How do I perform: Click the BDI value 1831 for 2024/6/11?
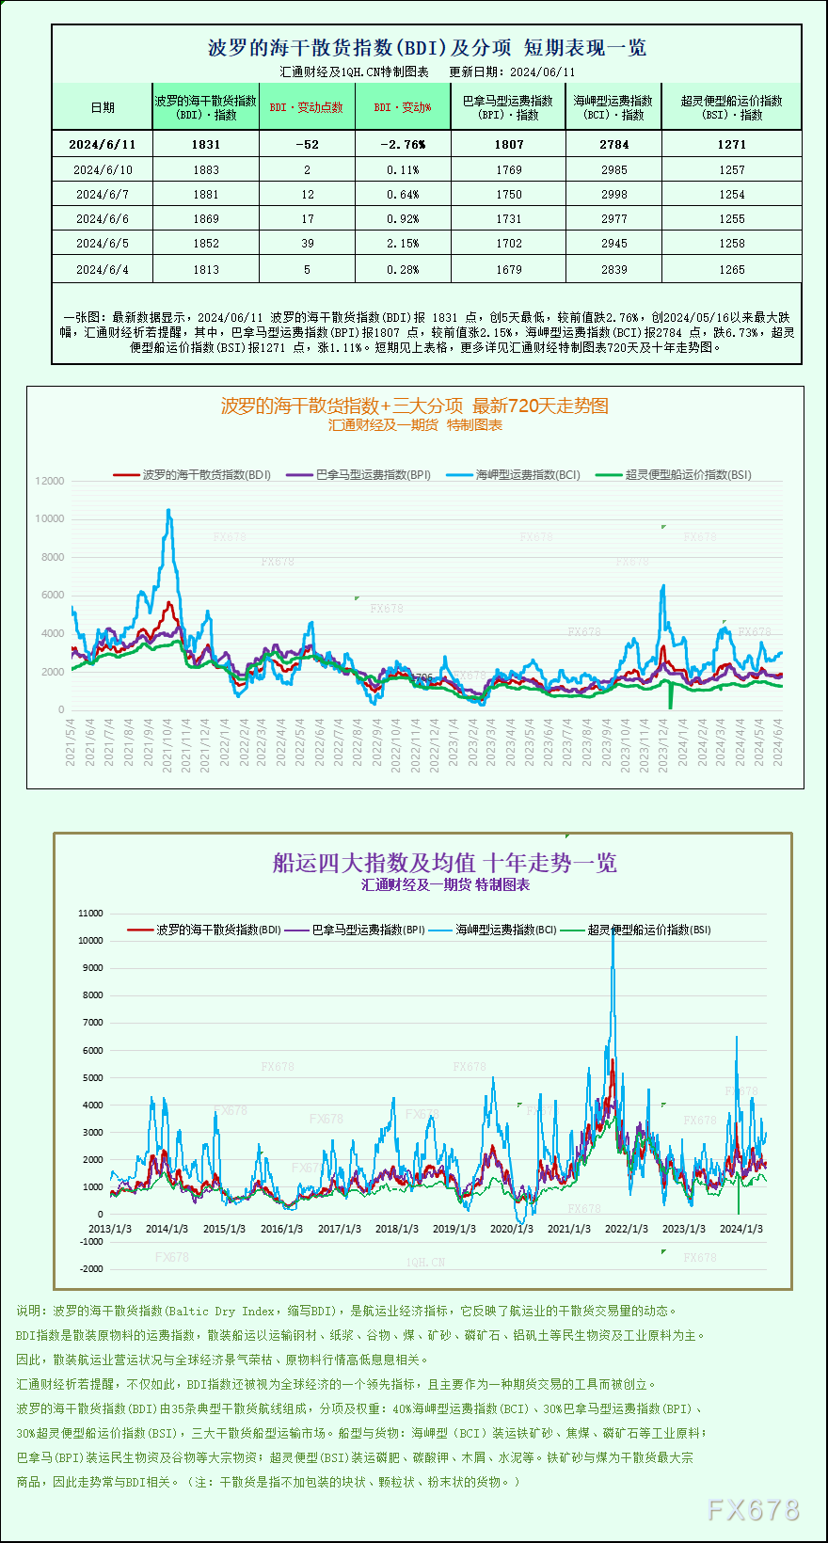coord(205,144)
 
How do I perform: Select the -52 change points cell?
coord(307,144)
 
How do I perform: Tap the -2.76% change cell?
coord(403,144)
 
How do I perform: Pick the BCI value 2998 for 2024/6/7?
coord(613,194)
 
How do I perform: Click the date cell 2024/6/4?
coord(102,269)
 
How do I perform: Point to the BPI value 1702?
coord(508,243)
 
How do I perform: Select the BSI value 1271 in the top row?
coord(731,144)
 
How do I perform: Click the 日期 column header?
coord(102,107)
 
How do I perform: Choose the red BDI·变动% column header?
coord(403,107)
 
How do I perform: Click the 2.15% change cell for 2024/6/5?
coord(403,243)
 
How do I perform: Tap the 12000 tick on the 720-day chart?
coord(50,481)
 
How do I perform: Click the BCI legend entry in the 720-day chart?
coord(516,475)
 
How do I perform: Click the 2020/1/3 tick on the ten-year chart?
coord(511,1229)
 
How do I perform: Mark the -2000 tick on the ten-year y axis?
coord(91,1268)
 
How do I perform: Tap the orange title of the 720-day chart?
coord(414,406)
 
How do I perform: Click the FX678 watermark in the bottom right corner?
coord(753,1509)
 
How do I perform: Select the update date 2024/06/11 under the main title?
coord(541,72)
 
